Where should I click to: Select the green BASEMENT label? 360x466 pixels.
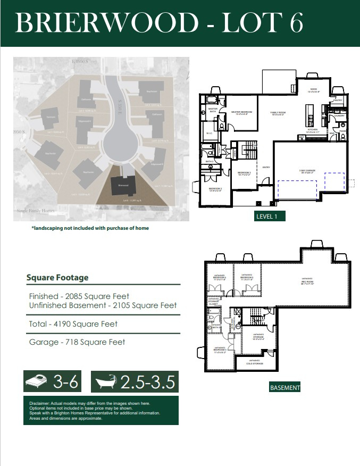pos(285,388)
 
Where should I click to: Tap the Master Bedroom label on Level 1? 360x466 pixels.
pos(241,112)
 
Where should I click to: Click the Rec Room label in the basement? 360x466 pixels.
pos(307,282)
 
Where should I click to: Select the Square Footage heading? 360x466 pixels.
pos(57,278)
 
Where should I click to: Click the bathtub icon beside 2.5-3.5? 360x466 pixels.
pos(107,381)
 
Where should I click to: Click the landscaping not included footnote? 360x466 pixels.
pos(90,228)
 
